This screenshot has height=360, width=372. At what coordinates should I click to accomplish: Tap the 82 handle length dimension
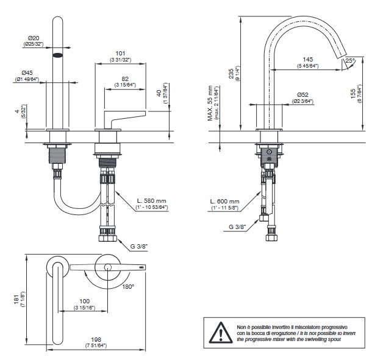124,79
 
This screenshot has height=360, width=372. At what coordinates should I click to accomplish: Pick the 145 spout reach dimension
307,59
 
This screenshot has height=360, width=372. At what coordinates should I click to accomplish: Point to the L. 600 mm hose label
226,201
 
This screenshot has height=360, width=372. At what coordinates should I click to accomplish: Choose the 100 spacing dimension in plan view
85,301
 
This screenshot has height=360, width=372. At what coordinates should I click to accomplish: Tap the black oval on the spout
59,55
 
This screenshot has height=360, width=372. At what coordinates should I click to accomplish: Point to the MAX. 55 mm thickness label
210,103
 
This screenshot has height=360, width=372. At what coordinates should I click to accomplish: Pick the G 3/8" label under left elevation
140,247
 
